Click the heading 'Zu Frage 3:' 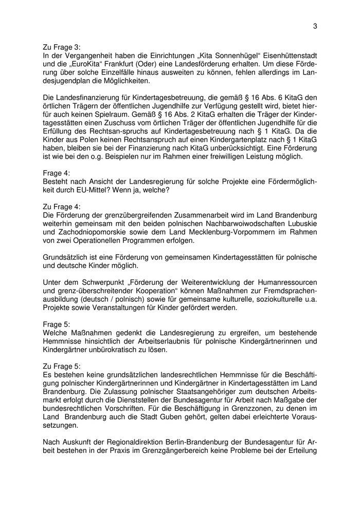click(x=62, y=47)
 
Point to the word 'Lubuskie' click(x=300, y=223)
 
